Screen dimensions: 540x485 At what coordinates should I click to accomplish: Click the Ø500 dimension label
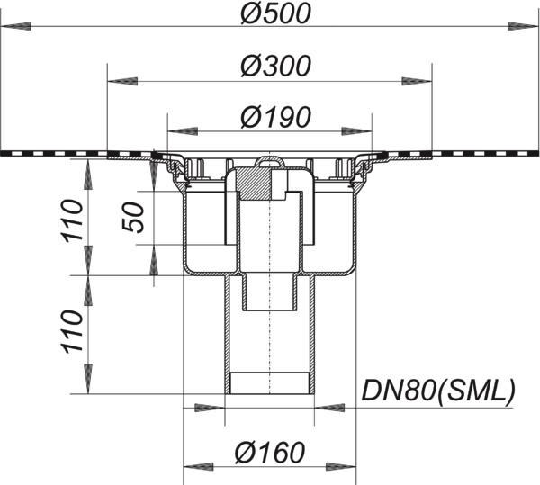[276, 14]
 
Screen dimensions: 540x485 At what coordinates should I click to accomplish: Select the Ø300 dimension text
[276, 66]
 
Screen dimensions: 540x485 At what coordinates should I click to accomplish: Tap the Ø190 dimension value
[276, 117]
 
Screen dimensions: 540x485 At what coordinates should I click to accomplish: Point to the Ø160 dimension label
[270, 453]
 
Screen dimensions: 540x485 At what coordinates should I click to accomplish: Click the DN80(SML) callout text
[437, 390]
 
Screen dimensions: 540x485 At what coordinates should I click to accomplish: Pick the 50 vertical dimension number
[133, 218]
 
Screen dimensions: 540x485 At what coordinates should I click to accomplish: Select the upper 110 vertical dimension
[72, 219]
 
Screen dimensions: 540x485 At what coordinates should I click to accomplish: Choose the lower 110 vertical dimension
[72, 331]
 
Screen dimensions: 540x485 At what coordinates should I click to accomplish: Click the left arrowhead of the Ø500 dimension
[16, 26]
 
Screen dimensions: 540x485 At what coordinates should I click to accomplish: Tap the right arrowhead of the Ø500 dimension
[524, 26]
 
